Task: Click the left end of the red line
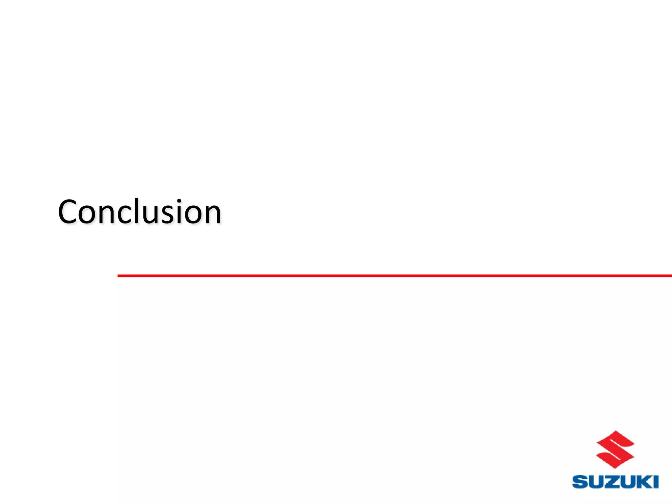[119, 276]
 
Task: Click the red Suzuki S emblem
[615, 450]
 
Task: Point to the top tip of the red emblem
[616, 431]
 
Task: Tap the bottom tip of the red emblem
[615, 468]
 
